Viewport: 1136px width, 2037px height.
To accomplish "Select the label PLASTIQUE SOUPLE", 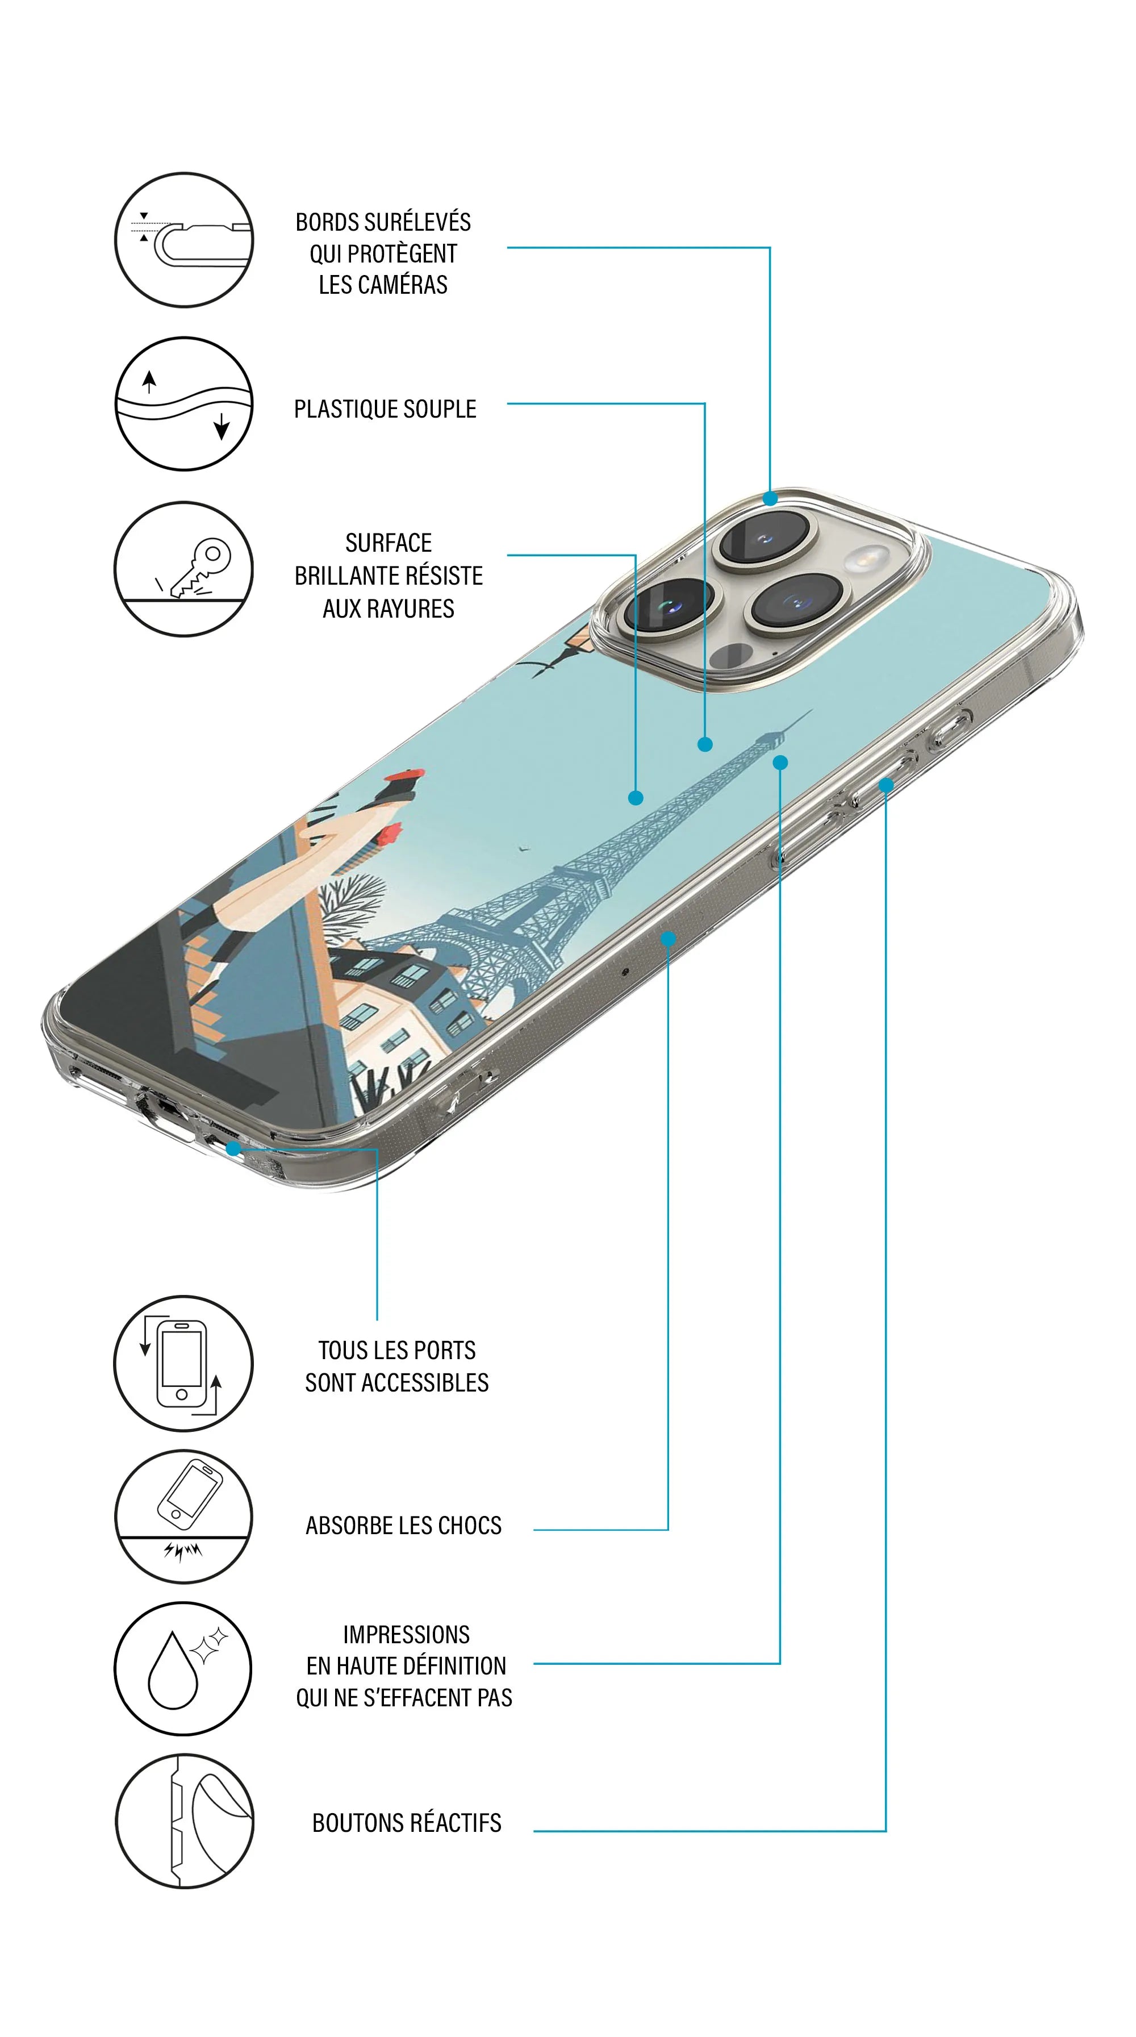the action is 385,409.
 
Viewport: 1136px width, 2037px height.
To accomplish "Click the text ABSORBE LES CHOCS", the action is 403,1526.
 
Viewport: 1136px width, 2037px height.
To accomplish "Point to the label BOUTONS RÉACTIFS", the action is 406,1823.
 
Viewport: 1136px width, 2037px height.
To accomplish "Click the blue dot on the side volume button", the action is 886,785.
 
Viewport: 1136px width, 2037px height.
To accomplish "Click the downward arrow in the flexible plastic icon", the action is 222,426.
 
